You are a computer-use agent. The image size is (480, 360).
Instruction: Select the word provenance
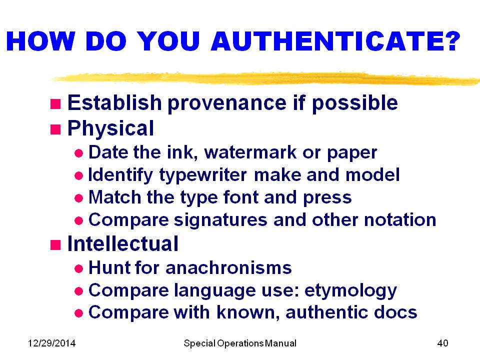(227, 103)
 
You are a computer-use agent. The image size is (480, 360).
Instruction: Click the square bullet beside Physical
(55, 129)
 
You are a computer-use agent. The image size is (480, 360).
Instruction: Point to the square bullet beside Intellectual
(55, 244)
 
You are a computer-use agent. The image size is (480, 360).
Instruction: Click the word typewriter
(203, 175)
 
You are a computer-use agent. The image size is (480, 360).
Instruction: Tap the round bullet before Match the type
(78, 198)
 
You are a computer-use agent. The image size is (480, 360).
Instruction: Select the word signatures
(221, 220)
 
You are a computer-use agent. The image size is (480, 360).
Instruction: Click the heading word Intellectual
(122, 244)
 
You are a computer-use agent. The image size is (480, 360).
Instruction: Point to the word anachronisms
(228, 267)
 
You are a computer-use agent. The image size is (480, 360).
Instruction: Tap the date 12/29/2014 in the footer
(51, 343)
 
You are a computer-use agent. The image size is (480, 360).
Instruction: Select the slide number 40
(442, 343)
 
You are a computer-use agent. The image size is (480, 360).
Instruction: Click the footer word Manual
(280, 343)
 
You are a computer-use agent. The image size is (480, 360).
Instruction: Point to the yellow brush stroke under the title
(265, 78)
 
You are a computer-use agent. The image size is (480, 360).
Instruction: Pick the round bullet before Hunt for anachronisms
(78, 268)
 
